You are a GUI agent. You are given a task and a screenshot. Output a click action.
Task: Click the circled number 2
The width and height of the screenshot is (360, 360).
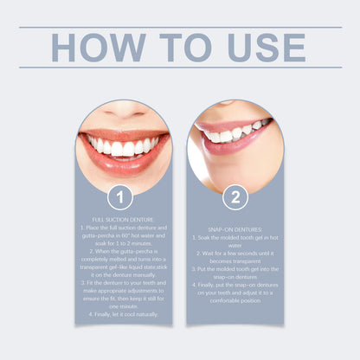click(235, 198)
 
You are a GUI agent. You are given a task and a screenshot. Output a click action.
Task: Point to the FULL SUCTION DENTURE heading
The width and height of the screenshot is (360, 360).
click(123, 220)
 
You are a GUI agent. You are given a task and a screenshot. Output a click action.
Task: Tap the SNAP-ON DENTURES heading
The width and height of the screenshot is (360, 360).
click(235, 229)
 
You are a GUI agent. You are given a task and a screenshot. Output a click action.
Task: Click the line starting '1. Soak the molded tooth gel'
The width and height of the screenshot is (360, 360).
click(235, 237)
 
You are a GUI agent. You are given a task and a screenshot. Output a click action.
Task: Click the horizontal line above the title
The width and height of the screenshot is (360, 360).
click(180, 27)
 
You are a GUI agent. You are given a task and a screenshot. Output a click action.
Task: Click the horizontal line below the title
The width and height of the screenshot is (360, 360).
click(180, 67)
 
